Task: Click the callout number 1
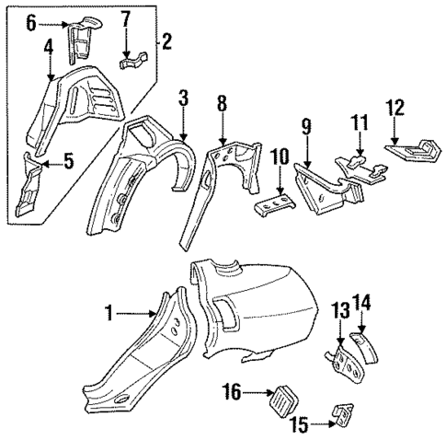pyautogui.click(x=110, y=313)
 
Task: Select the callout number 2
pyautogui.click(x=166, y=40)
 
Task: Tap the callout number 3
pyautogui.click(x=183, y=97)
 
